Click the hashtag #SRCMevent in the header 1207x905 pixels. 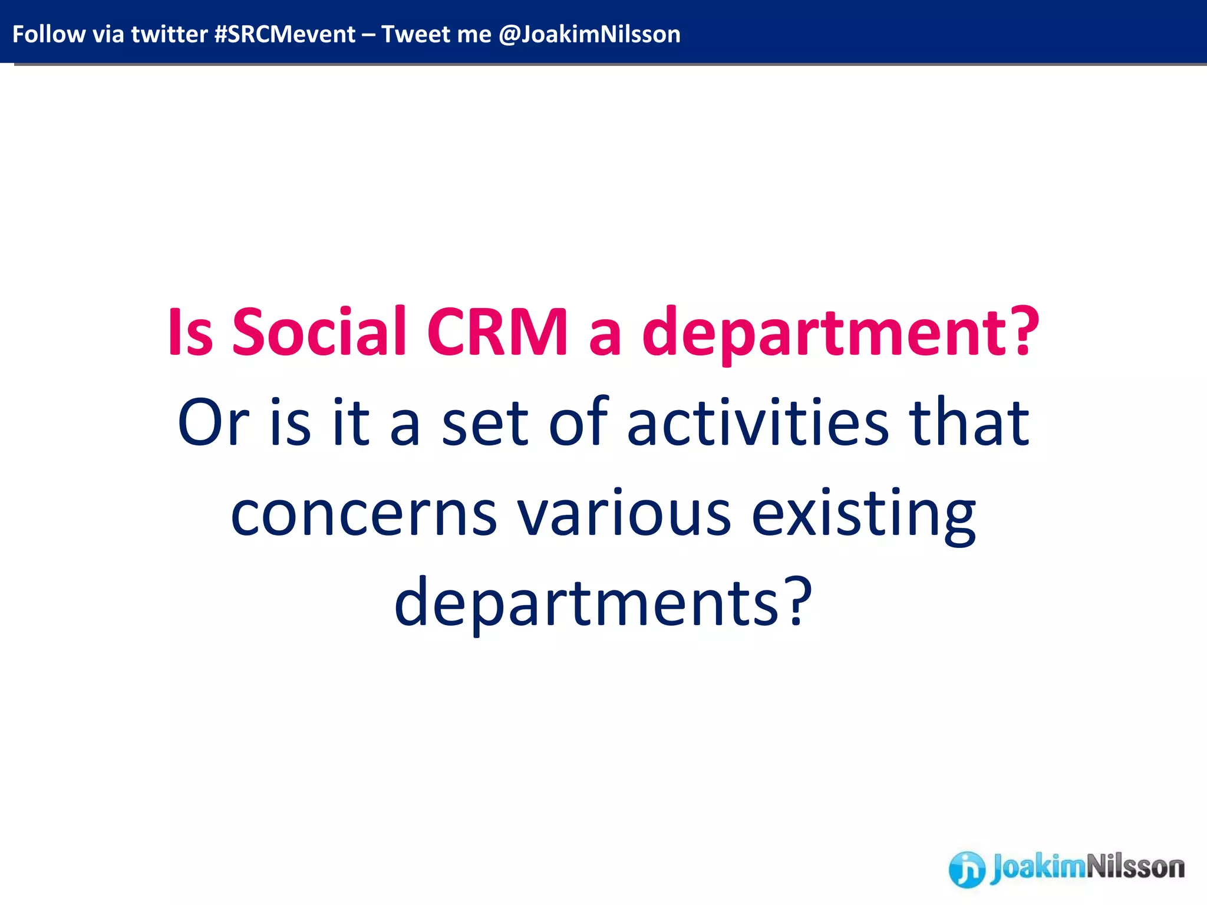coord(285,34)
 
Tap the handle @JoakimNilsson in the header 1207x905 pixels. coord(589,34)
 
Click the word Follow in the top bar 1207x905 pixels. coord(48,34)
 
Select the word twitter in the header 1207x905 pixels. coord(169,34)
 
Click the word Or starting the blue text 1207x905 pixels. coord(213,422)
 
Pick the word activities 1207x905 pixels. coord(757,422)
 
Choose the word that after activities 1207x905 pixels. coord(969,422)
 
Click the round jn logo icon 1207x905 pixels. coord(966,868)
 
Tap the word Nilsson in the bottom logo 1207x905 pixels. coord(1135,867)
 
